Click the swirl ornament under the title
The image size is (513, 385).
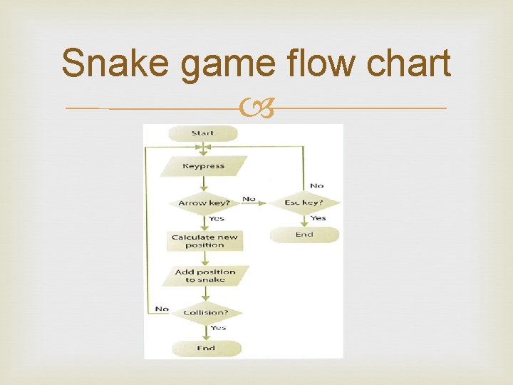tap(256, 109)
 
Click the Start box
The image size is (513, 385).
tap(203, 133)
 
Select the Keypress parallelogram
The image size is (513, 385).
tap(203, 167)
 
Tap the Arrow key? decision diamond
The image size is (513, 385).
tap(204, 203)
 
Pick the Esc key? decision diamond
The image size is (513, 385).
tap(304, 203)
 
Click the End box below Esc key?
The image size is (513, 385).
tap(304, 235)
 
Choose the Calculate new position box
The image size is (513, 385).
tap(204, 241)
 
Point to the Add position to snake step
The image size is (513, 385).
tap(204, 276)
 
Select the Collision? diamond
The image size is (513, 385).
tap(204, 313)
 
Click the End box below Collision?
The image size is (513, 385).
tap(205, 349)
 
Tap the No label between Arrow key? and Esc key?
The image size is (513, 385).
tap(249, 199)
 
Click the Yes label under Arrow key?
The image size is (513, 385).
tap(217, 218)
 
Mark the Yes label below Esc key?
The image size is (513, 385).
tap(318, 218)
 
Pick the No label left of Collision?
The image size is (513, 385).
tap(161, 309)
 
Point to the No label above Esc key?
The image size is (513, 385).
tap(316, 186)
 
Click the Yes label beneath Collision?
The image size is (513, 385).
tap(218, 328)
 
